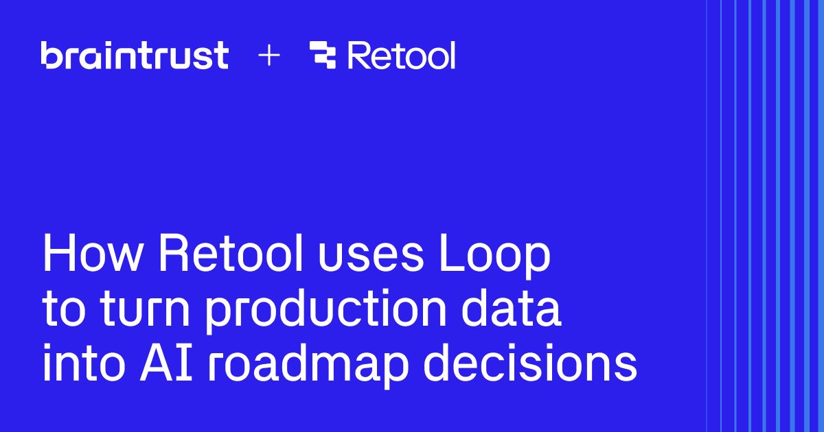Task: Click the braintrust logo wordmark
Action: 135,55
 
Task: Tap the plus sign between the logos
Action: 269,56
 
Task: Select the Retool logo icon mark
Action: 323,56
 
